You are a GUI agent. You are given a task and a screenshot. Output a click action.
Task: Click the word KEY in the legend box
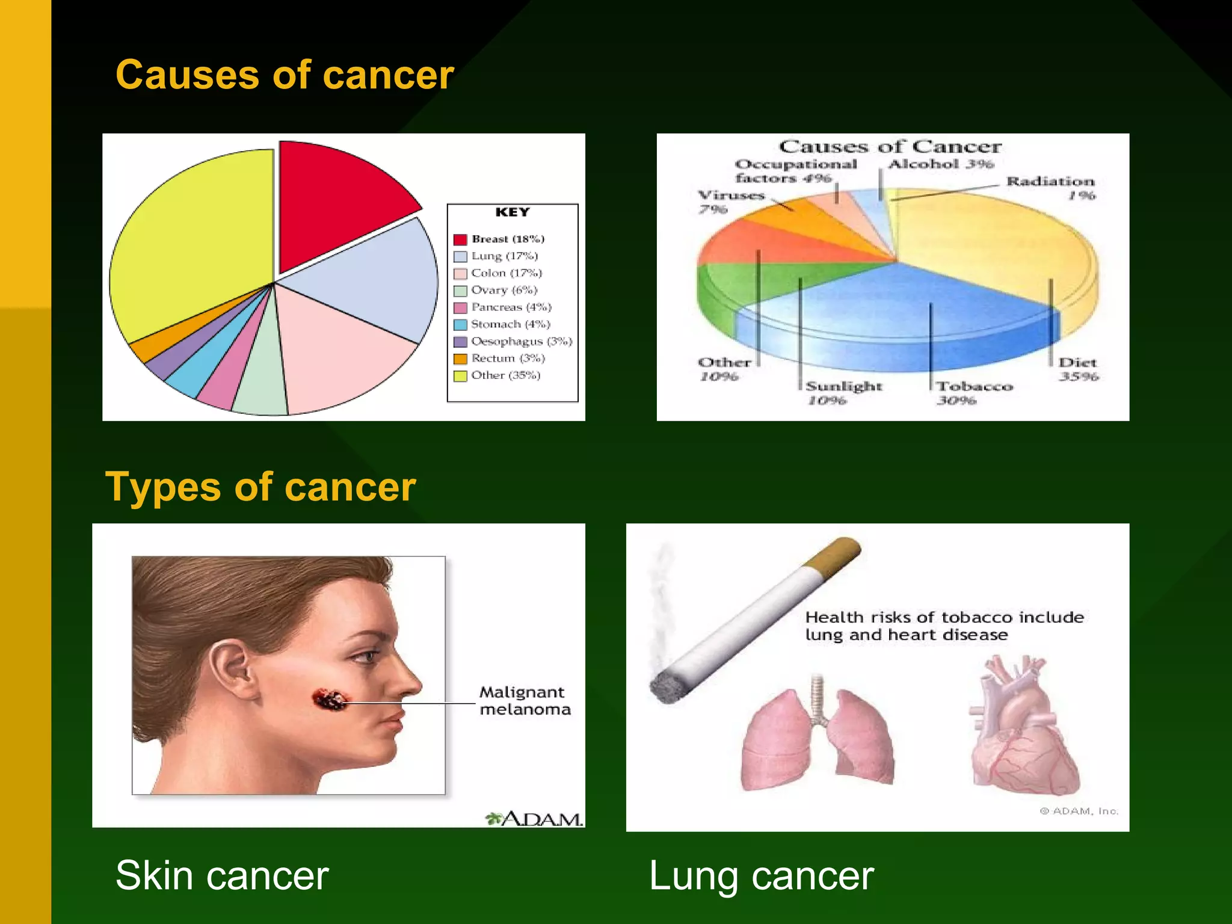[513, 212]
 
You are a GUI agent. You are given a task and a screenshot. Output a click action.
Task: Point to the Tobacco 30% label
[973, 393]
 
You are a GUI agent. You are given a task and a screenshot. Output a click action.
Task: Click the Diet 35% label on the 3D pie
[1077, 369]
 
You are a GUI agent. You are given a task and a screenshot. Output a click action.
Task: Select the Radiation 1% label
[1051, 188]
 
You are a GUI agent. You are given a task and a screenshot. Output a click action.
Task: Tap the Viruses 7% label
[729, 202]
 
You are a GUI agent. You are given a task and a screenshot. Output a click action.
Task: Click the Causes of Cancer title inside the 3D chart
[890, 147]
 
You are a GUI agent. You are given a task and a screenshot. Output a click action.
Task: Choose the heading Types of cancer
[260, 487]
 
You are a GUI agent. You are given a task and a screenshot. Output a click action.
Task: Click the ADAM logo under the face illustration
[534, 819]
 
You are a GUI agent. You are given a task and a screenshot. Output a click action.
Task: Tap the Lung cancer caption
[761, 876]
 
